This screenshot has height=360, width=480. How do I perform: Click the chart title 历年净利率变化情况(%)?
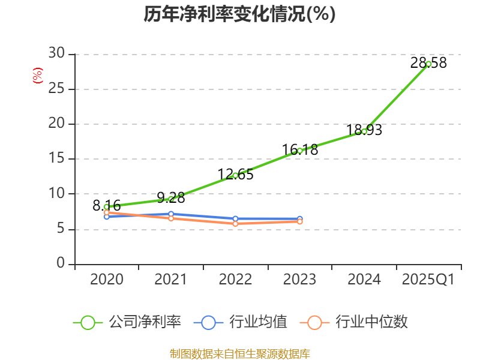click(239, 14)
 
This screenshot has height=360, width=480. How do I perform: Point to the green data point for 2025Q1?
click(428, 64)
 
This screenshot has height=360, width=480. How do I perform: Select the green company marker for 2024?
click(364, 131)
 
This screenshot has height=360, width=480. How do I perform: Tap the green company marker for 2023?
click(300, 151)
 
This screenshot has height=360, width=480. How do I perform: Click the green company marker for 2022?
click(235, 175)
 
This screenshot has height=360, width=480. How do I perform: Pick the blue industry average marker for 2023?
click(300, 219)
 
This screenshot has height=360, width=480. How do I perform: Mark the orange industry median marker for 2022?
click(235, 224)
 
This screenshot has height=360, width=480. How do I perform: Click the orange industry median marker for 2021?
click(171, 218)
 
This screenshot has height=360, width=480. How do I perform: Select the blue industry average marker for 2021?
click(171, 214)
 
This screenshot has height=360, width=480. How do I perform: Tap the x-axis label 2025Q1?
click(428, 280)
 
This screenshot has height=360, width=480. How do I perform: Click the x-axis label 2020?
click(107, 280)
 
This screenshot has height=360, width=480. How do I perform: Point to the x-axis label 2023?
click(300, 280)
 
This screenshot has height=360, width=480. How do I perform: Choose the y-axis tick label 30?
click(56, 54)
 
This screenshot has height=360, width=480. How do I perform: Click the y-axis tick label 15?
click(56, 159)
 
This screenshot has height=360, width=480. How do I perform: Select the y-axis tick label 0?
click(61, 264)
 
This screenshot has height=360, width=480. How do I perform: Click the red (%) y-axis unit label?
click(38, 76)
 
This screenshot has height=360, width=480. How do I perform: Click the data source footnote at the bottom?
click(239, 353)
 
